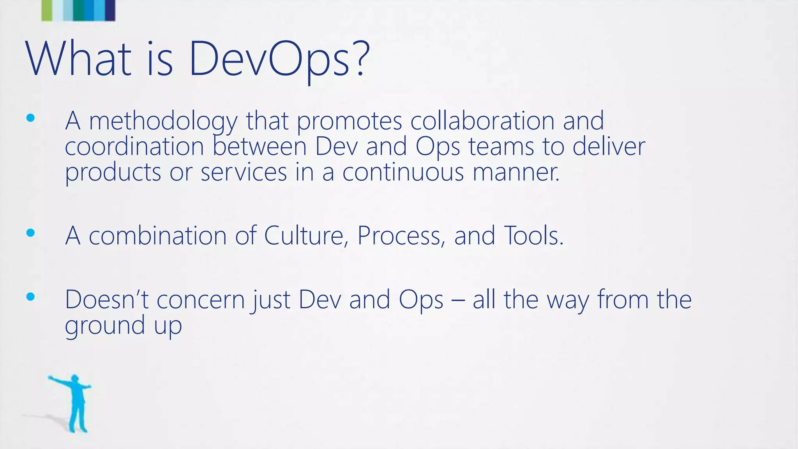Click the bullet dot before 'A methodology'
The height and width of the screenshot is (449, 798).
pyautogui.click(x=30, y=118)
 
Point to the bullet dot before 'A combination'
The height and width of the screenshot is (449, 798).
pyautogui.click(x=30, y=233)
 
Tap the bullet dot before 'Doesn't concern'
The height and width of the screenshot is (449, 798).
pyautogui.click(x=30, y=297)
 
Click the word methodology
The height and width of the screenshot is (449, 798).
pyautogui.click(x=163, y=121)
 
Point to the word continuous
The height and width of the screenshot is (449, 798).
pyautogui.click(x=403, y=172)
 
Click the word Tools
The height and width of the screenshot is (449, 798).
pyautogui.click(x=533, y=235)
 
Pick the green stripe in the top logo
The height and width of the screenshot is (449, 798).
pyautogui.click(x=46, y=10)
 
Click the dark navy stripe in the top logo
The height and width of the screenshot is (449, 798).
pyautogui.click(x=110, y=10)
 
